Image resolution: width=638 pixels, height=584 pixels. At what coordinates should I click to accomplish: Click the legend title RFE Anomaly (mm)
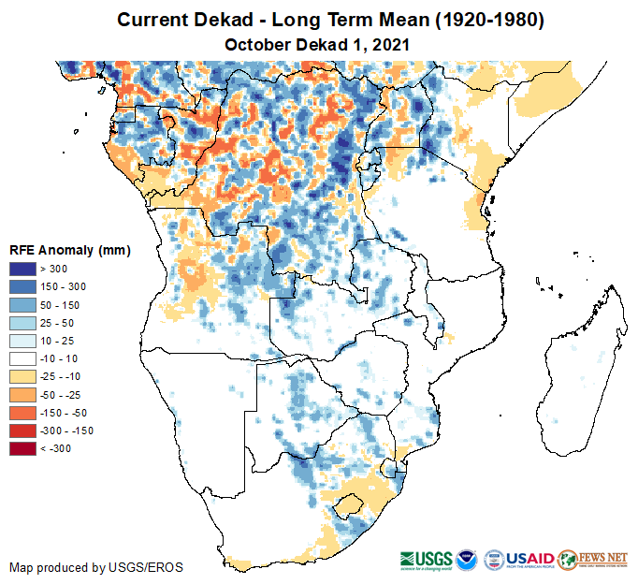[x=69, y=250]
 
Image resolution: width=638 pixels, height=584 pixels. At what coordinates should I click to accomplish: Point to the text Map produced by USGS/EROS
[x=96, y=567]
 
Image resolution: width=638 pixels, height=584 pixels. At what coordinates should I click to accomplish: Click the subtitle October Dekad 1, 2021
[x=318, y=44]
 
